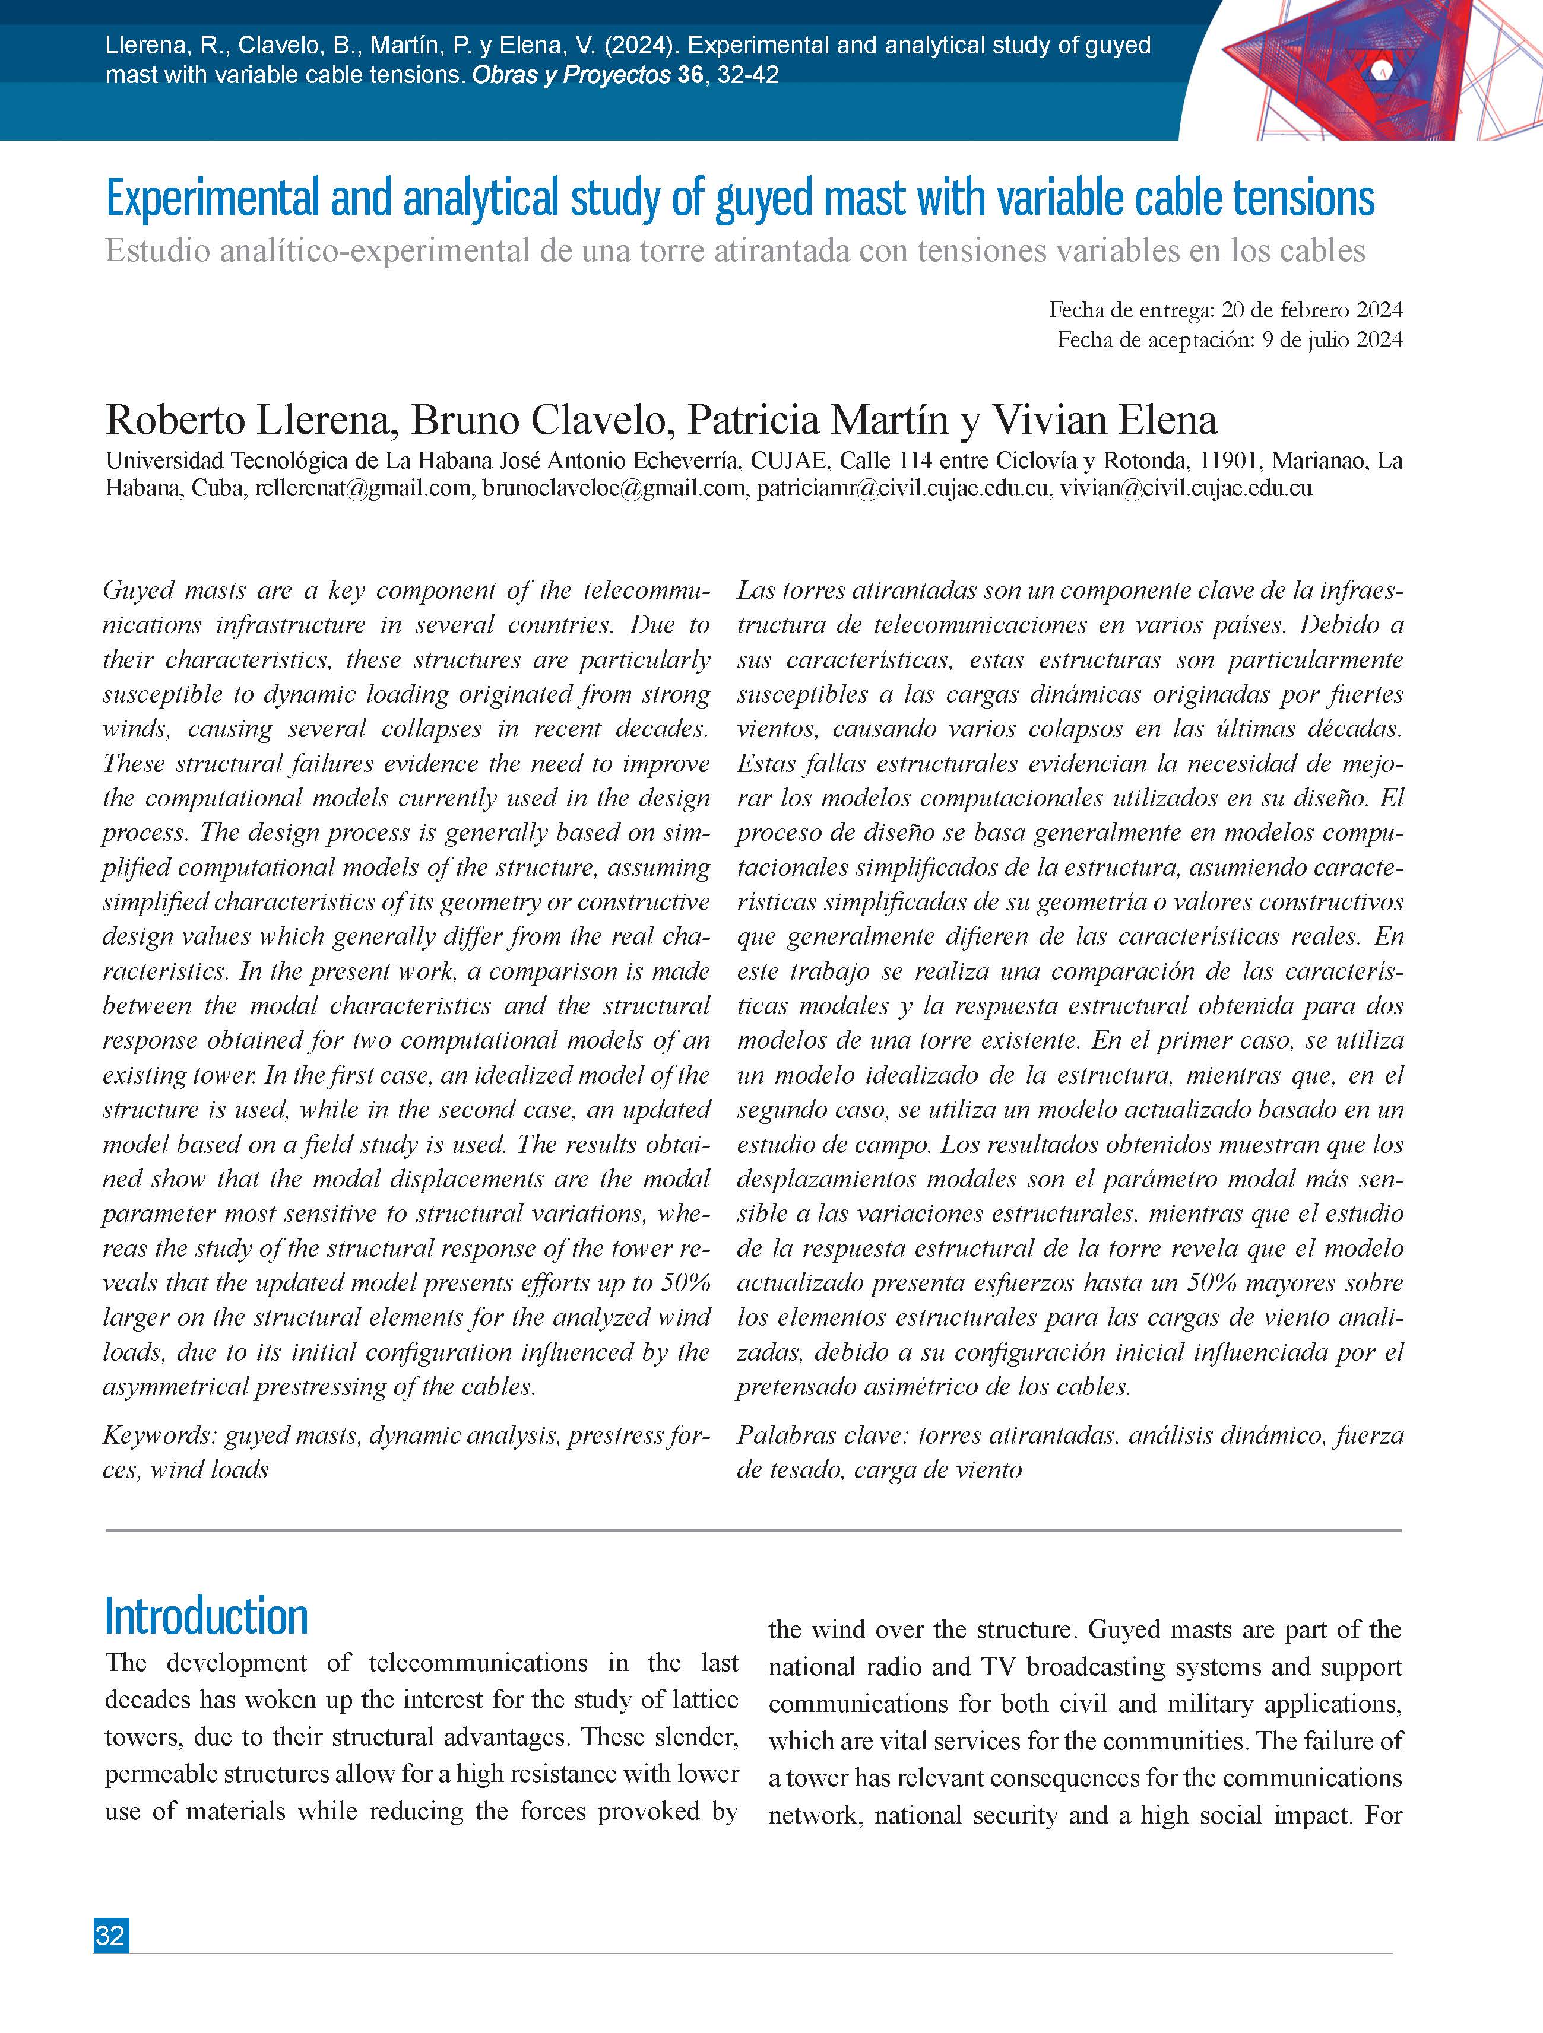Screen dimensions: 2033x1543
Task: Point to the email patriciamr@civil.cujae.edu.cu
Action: click(902, 488)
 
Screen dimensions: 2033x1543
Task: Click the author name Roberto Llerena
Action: click(251, 420)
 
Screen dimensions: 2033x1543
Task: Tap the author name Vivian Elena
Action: click(1104, 420)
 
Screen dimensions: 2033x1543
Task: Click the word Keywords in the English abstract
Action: click(158, 1435)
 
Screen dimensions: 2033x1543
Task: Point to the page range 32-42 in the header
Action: click(747, 74)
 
